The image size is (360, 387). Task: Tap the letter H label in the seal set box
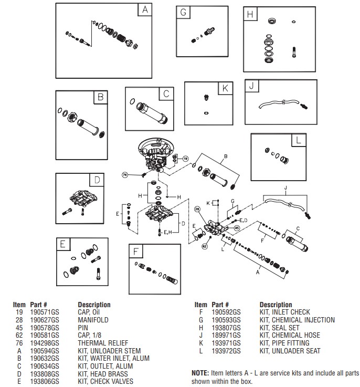point(250,14)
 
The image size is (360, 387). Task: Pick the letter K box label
point(225,88)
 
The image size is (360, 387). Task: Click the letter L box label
point(298,140)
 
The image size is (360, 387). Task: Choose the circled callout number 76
point(125,174)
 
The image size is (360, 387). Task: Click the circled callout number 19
point(185,158)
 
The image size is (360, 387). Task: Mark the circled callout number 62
point(205,245)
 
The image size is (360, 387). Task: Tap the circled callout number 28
point(197,209)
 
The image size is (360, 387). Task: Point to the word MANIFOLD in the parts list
point(93,320)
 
